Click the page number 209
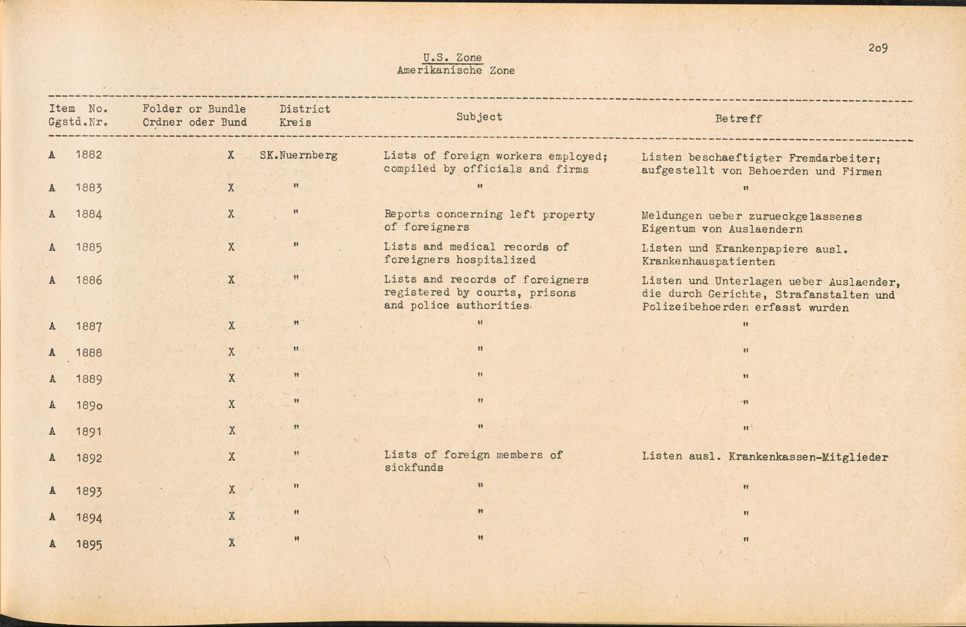coord(878,48)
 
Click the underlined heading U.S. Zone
coord(452,57)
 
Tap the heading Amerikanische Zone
coord(455,71)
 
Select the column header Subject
coord(479,117)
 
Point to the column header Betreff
coord(738,119)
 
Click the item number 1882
coord(89,155)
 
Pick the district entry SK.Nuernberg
coord(298,156)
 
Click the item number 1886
coord(89,280)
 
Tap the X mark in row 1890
coord(231,404)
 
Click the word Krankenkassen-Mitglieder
coord(808,457)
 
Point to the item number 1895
coord(89,544)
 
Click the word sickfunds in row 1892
coord(414,468)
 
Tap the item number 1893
coord(89,491)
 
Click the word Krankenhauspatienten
coord(708,262)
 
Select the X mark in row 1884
coord(231,214)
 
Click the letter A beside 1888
coord(52,353)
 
